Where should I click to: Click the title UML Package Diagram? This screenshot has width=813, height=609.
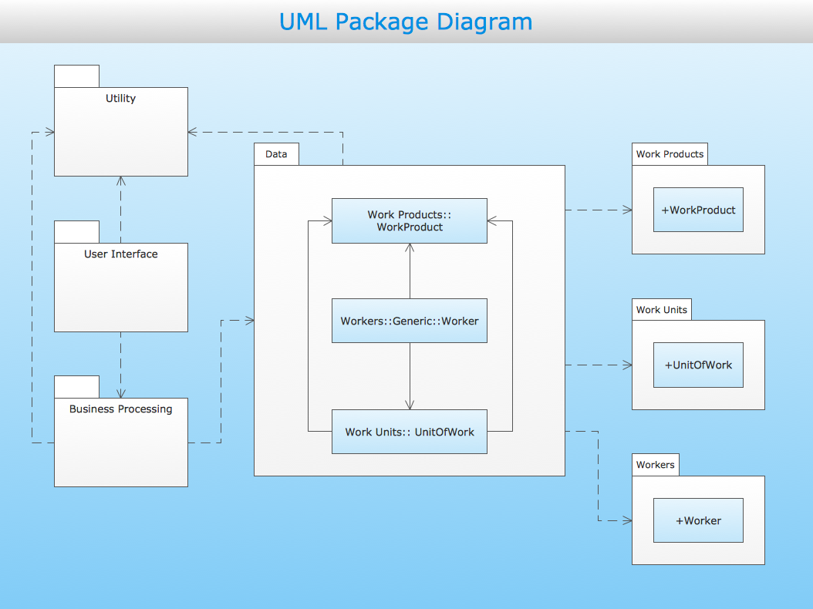[406, 22]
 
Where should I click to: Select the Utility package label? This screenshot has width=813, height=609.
[120, 99]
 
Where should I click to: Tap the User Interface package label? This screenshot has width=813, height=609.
[120, 254]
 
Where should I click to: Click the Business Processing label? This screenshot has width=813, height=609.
[120, 409]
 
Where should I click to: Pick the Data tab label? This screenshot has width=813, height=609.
[276, 154]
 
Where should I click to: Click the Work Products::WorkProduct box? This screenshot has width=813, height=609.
[410, 221]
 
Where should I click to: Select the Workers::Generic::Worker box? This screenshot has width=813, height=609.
[410, 321]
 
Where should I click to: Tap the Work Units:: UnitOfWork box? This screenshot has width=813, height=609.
[410, 432]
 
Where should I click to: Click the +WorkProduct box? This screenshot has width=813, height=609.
[698, 210]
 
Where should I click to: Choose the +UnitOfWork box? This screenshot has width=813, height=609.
[698, 365]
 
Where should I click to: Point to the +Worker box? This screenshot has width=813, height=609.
[698, 520]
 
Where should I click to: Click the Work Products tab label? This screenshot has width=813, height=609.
[670, 154]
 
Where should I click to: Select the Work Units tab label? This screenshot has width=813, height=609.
[661, 310]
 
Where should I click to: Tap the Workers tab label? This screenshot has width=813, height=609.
[655, 465]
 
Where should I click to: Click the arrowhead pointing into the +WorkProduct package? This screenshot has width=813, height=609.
[627, 210]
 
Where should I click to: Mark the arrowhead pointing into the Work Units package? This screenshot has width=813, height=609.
[627, 365]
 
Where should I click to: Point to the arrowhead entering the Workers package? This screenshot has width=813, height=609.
[627, 521]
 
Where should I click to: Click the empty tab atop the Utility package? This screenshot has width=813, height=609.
[76, 76]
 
